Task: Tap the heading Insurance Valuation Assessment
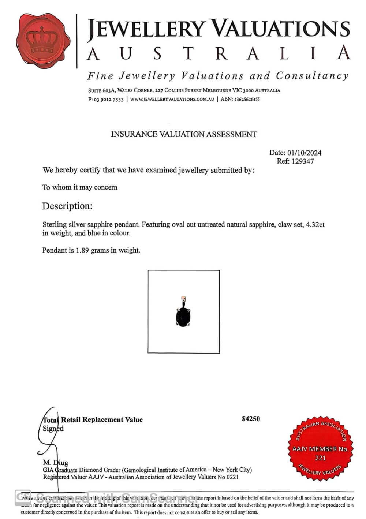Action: point(184,134)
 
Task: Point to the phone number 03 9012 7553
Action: point(109,99)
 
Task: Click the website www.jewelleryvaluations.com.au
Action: point(172,99)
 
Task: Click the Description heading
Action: point(67,206)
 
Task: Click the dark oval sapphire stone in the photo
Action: point(183,317)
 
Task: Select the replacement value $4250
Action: point(251,419)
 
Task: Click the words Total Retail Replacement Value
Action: point(93,420)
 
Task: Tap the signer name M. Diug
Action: point(55,463)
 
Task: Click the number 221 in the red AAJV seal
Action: point(320,458)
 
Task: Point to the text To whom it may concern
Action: point(80,187)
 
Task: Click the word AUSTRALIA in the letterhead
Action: point(219,53)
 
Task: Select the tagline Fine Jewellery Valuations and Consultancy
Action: point(218,76)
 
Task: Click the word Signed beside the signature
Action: point(53,429)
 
